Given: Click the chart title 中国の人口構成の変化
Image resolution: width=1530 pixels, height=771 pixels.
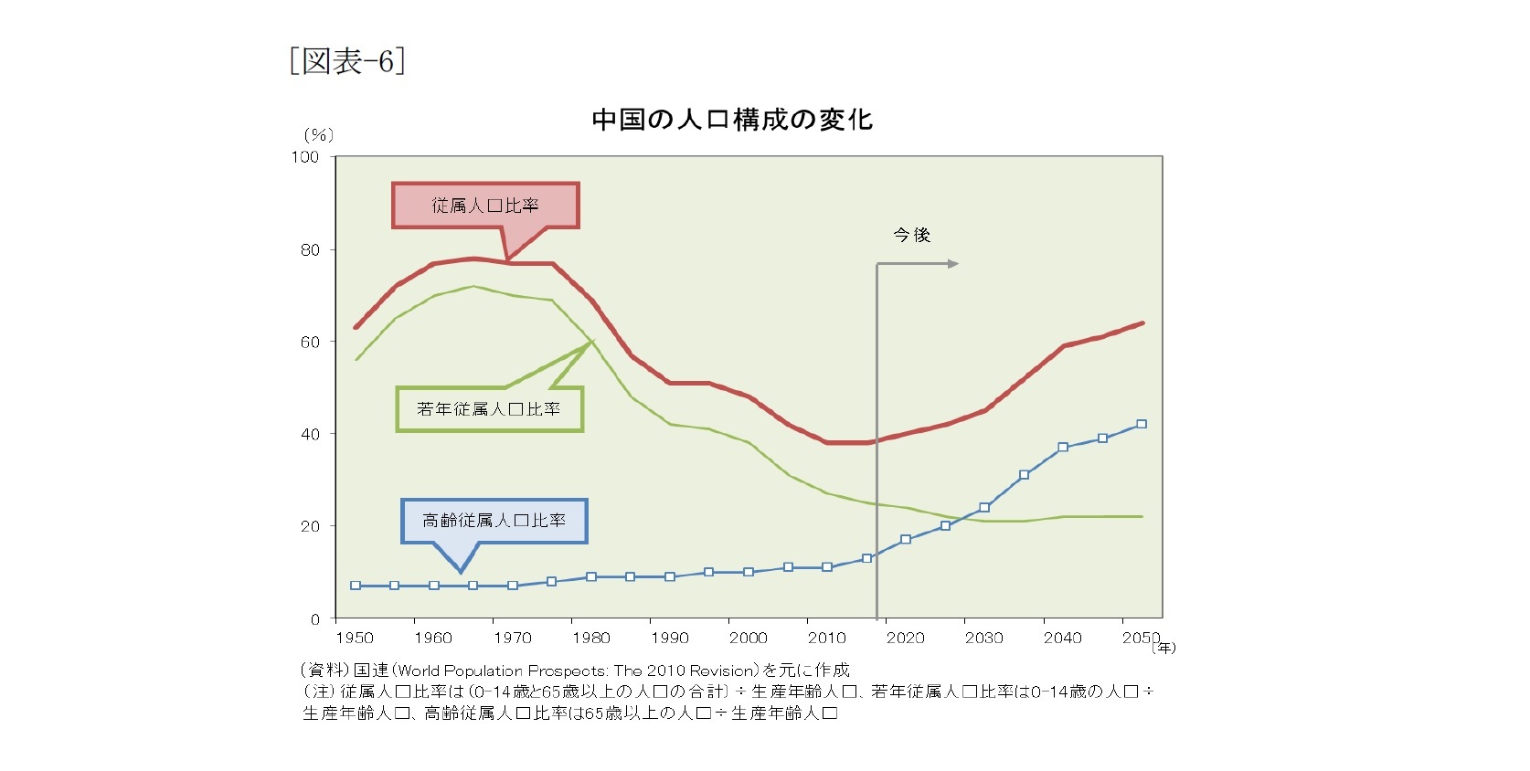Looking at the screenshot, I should (x=732, y=120).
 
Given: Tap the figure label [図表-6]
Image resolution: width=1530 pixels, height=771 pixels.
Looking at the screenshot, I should (x=347, y=61).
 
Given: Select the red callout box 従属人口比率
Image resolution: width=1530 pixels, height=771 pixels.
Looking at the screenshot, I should (x=485, y=206).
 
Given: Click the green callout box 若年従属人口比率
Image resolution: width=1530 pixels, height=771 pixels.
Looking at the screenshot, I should (x=489, y=408).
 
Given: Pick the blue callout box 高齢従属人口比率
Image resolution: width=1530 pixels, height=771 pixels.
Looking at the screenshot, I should (x=494, y=521).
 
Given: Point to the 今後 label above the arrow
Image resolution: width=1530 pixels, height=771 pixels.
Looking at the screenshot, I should (x=911, y=235).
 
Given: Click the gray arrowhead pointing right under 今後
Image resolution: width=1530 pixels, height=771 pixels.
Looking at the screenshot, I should (x=953, y=264).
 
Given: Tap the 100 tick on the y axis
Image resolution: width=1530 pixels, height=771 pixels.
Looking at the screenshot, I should (x=305, y=157).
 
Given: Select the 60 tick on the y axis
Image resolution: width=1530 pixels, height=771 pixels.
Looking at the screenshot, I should (x=310, y=342).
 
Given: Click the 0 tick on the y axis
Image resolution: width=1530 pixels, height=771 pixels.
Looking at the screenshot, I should (x=314, y=619).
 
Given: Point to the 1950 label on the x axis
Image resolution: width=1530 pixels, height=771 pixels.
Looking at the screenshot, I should (x=355, y=638).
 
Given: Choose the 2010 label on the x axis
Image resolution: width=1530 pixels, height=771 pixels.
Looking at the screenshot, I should (x=826, y=638).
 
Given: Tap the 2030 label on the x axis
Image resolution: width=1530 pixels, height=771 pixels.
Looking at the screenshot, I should (x=983, y=638).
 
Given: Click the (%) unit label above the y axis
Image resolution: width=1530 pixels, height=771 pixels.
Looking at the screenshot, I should (x=318, y=135).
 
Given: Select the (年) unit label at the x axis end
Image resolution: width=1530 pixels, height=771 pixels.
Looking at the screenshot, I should (x=1163, y=648).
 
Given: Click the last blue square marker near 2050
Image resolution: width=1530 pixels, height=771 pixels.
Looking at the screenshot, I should (x=1142, y=424).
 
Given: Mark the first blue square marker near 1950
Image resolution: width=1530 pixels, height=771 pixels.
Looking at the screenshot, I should (x=356, y=586).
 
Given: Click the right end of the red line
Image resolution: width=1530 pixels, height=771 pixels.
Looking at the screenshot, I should (x=1142, y=323).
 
